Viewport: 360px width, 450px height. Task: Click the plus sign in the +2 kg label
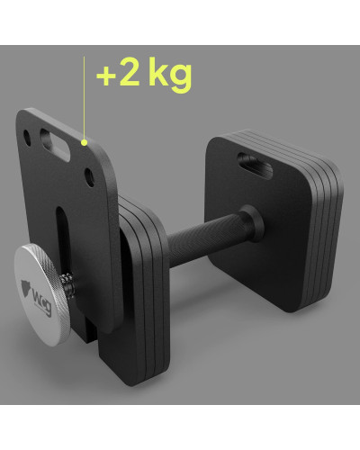(106, 76)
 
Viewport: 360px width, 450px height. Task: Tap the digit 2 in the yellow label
(129, 73)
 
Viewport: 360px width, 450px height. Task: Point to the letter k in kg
(158, 70)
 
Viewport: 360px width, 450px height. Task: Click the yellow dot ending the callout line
(85, 142)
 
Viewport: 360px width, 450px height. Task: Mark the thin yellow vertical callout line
(85, 98)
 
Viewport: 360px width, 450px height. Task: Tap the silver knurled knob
(41, 294)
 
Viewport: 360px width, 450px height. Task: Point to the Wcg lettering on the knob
(42, 302)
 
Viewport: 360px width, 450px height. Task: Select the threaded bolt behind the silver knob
(67, 285)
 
